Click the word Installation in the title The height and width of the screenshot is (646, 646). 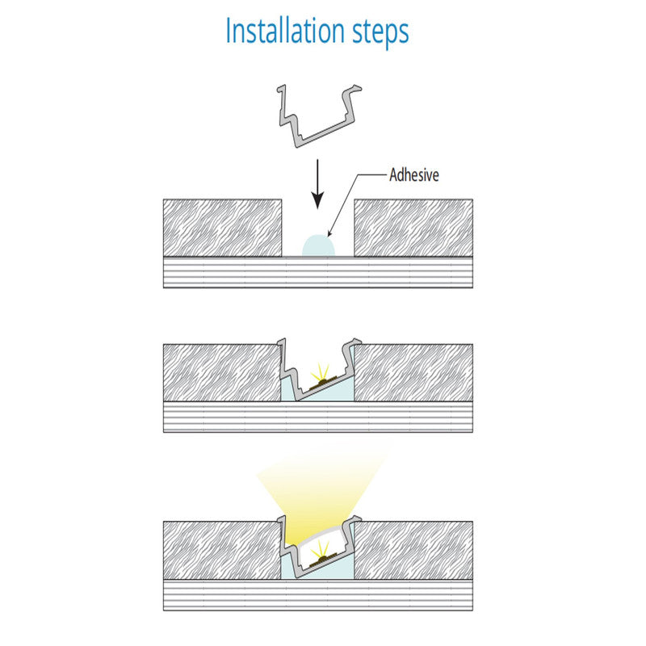point(285,31)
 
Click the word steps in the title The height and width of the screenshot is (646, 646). point(380,33)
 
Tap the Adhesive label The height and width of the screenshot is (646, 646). point(414,174)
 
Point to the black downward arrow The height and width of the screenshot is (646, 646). point(317,184)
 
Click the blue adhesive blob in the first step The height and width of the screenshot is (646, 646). point(318,246)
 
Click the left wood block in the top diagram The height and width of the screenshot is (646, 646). point(223,228)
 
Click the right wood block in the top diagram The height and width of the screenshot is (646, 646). point(413,228)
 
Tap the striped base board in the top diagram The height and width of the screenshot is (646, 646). point(318,272)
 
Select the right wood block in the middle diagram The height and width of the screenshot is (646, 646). point(413,372)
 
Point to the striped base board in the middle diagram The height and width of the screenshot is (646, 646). point(318,417)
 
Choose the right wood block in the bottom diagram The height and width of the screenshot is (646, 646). point(413,551)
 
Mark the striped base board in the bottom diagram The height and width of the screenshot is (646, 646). point(318,595)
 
